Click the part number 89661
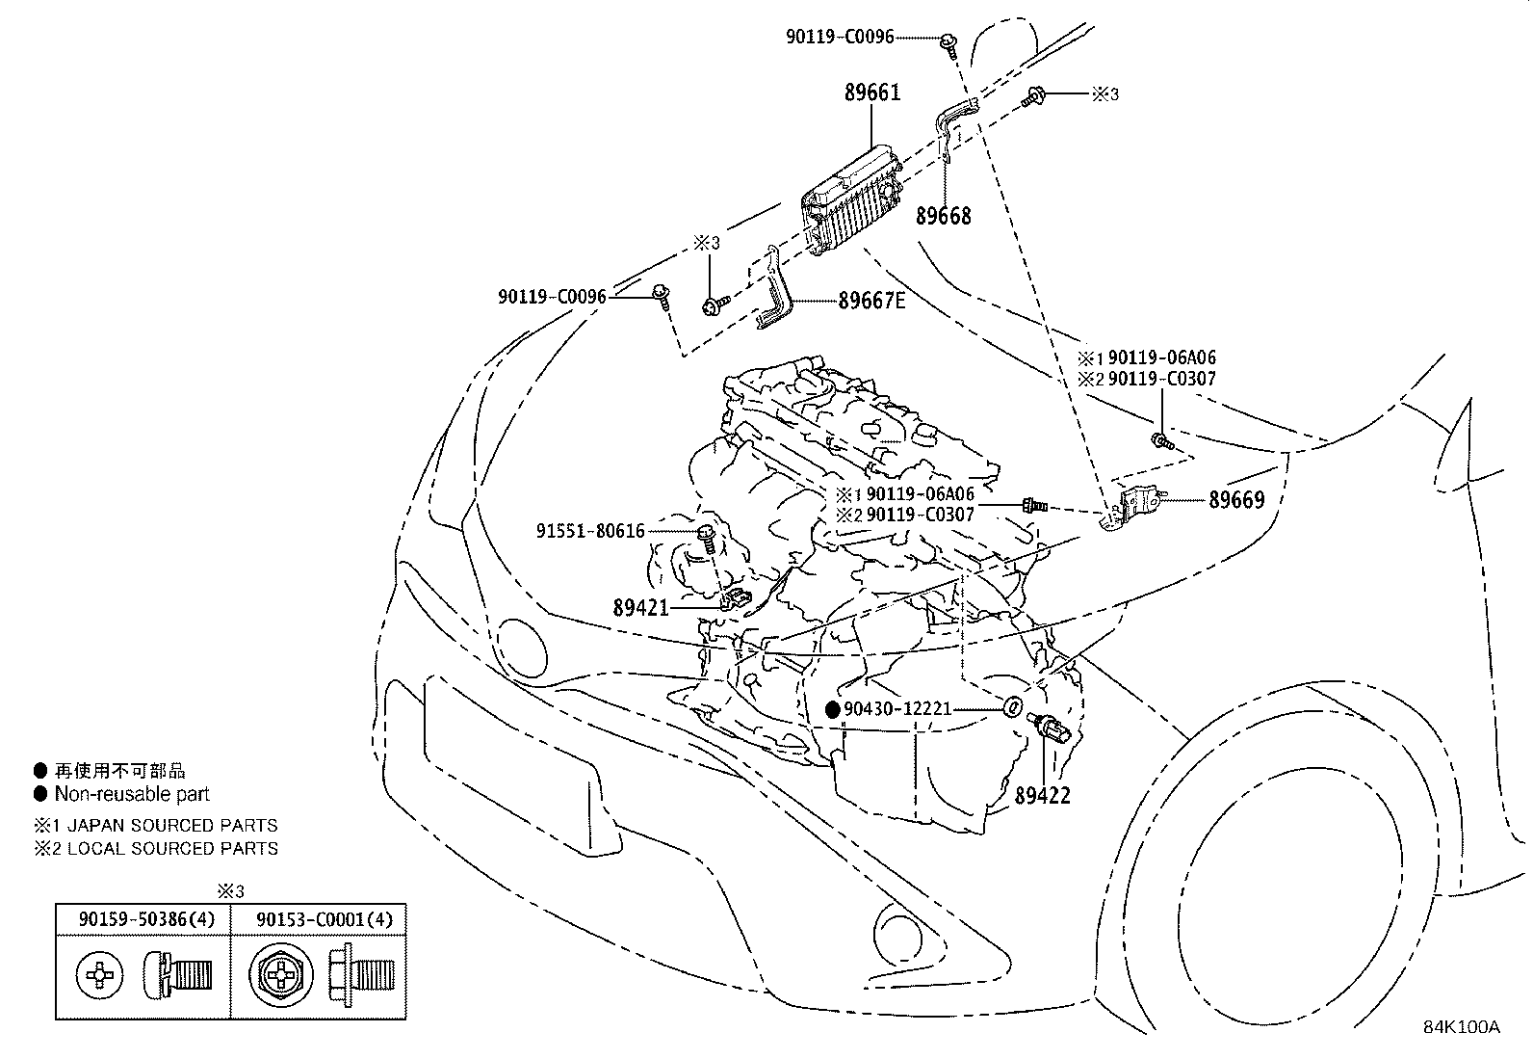872,93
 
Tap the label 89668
943,216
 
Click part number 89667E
871,301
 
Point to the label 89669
1236,500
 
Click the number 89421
641,608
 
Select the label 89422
1042,796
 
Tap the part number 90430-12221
897,709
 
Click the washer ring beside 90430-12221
1011,707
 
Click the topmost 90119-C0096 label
839,38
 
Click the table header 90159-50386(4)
146,919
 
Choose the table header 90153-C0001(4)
325,919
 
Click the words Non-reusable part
132,794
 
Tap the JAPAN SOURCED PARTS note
172,826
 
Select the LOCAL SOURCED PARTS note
172,849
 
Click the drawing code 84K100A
1462,1026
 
